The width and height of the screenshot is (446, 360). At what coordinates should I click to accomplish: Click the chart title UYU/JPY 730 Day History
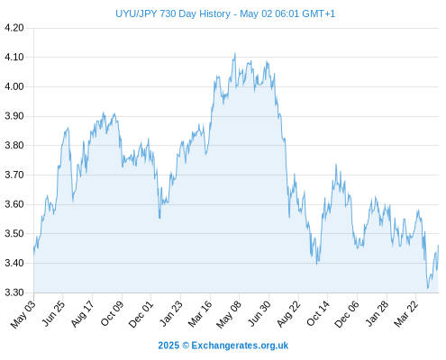pyautogui.click(x=173, y=13)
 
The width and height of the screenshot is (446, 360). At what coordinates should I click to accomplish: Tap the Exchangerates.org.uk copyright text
pyautogui.click(x=223, y=346)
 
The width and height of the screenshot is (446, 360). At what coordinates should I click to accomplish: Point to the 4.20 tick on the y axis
pyautogui.click(x=14, y=28)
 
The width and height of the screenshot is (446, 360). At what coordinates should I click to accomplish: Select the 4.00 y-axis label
pyautogui.click(x=14, y=86)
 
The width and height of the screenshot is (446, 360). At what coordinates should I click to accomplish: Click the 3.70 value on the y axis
pyautogui.click(x=14, y=175)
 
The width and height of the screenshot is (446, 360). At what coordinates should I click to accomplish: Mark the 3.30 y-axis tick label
pyautogui.click(x=14, y=292)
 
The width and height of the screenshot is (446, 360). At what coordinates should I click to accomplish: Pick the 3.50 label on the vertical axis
pyautogui.click(x=14, y=234)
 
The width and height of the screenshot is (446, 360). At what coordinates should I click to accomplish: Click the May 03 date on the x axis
pyautogui.click(x=23, y=314)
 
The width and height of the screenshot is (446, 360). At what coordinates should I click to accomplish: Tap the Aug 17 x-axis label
pyautogui.click(x=83, y=314)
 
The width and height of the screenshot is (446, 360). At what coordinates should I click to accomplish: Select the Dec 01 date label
pyautogui.click(x=141, y=314)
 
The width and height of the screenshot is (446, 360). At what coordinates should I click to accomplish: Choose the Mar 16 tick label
pyautogui.click(x=200, y=314)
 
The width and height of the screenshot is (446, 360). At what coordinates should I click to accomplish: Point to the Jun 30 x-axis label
pyautogui.click(x=259, y=314)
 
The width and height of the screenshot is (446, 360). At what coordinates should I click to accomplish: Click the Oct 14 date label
pyautogui.click(x=318, y=314)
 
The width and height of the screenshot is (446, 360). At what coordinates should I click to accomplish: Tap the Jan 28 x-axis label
pyautogui.click(x=378, y=314)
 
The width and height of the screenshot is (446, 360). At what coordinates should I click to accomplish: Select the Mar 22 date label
pyautogui.click(x=406, y=314)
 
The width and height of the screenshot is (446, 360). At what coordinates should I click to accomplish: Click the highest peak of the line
pyautogui.click(x=235, y=53)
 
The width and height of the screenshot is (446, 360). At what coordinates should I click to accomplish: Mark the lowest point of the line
pyautogui.click(x=428, y=289)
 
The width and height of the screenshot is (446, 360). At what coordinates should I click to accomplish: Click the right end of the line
pyautogui.click(x=439, y=246)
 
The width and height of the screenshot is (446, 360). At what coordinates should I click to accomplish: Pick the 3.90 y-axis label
pyautogui.click(x=14, y=116)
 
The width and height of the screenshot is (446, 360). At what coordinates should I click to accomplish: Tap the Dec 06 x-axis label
pyautogui.click(x=347, y=314)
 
